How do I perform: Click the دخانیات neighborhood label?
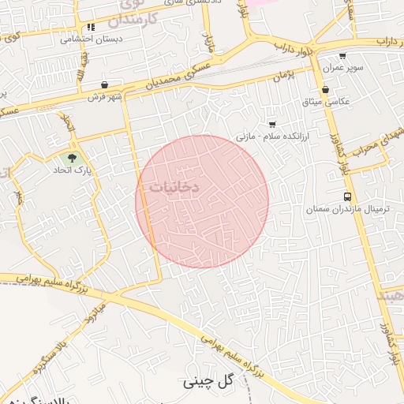(x=174, y=188)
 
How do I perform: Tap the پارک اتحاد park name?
(x=73, y=170)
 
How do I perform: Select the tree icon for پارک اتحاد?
(x=73, y=158)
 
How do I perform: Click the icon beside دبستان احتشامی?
(x=92, y=27)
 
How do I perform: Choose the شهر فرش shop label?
(x=106, y=96)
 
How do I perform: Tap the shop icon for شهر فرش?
(x=105, y=85)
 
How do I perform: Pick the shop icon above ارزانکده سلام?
(x=272, y=124)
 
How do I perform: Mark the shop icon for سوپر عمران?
(x=342, y=56)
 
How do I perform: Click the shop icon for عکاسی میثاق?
(x=325, y=90)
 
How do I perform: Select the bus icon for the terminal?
(x=347, y=196)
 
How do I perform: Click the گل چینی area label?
(x=210, y=381)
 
